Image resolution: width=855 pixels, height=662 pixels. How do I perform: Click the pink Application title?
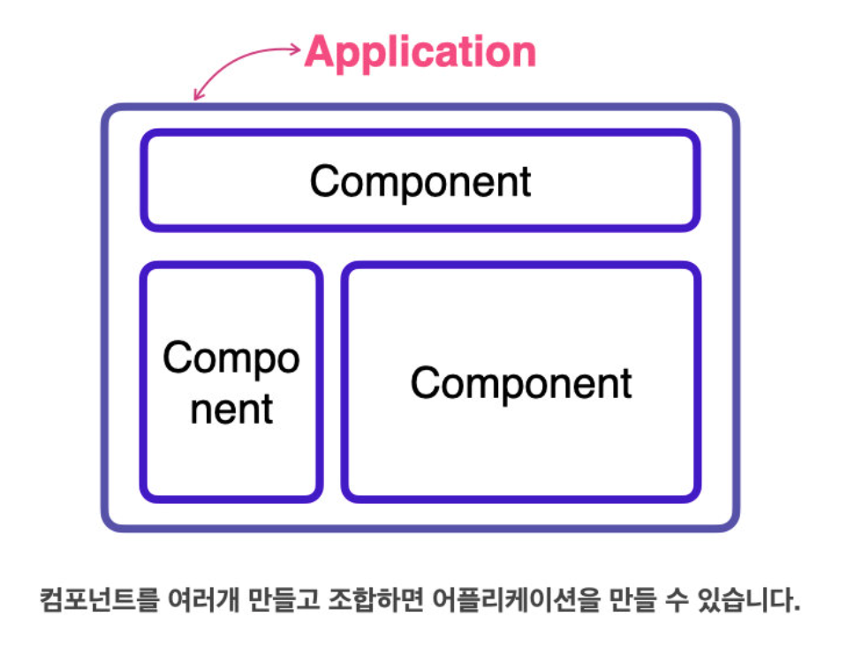coord(420,52)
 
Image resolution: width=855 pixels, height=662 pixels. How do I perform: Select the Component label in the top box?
coord(420,181)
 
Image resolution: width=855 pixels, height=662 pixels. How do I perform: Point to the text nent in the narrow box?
coord(231,409)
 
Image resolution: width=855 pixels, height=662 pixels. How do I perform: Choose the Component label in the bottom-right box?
coord(521,384)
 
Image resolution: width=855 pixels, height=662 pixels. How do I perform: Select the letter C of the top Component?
coord(322,181)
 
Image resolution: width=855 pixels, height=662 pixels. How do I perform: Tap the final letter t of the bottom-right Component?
coord(626,384)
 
